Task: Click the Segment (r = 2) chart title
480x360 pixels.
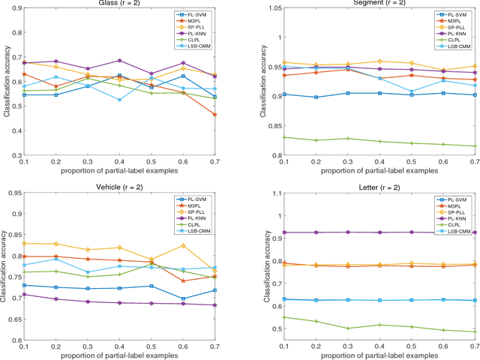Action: click(379, 4)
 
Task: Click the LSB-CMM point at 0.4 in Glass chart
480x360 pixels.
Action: click(118, 100)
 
